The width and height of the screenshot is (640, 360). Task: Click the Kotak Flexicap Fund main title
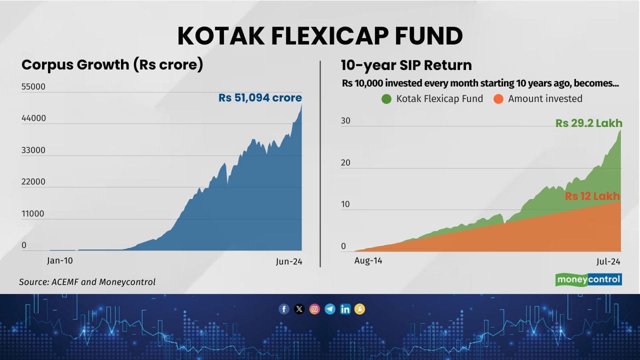coord(320,36)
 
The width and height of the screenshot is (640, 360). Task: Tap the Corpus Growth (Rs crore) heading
coord(112,65)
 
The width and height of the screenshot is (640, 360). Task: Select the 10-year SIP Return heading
coord(406,65)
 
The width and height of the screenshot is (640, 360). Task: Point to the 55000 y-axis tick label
coord(33,86)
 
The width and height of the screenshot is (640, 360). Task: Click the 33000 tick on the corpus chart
coord(33,150)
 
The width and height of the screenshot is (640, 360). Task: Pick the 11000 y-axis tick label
coord(33,213)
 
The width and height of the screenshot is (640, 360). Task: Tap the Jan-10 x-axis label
coord(60,260)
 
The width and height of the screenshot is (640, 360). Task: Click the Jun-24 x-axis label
coord(289,261)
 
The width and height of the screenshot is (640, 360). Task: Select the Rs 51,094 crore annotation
coord(260,98)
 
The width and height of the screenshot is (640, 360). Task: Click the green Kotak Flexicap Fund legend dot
coord(386,99)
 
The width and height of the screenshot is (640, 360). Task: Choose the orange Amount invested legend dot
coord(498,99)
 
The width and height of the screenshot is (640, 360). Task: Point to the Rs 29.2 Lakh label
coord(588,123)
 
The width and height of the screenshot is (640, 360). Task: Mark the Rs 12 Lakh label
coord(592,196)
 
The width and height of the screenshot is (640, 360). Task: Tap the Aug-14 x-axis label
coord(368,260)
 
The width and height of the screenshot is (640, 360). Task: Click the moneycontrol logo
coord(588,279)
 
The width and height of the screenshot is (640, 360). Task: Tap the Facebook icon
coord(284,309)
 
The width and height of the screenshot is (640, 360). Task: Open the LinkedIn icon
coord(345,309)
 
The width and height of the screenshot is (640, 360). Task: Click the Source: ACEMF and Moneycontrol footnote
coord(87,282)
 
